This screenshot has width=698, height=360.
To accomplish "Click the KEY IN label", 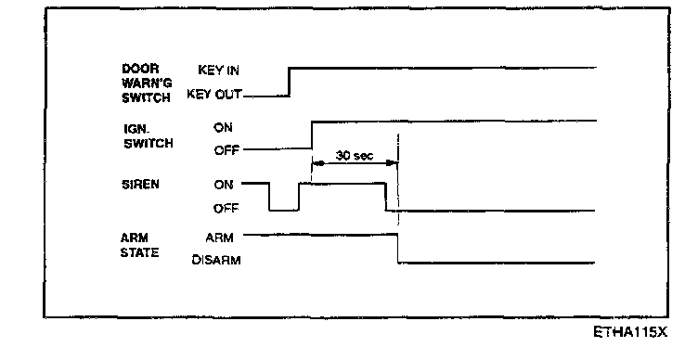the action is (x=218, y=70).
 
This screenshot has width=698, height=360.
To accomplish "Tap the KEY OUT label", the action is (x=214, y=95).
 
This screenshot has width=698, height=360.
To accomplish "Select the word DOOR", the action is (x=140, y=69).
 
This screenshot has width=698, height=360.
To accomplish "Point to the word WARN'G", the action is (x=147, y=84).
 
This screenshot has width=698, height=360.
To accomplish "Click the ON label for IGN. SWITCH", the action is (x=223, y=127).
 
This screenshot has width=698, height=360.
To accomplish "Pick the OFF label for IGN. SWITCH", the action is (x=226, y=150).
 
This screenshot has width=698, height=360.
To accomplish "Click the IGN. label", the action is (x=136, y=129).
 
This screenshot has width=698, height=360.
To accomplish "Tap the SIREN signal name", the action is (x=140, y=185).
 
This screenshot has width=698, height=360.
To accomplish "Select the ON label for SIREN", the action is (x=224, y=185).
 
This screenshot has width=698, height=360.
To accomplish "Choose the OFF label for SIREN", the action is (x=226, y=208).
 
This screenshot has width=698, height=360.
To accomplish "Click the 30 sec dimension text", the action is (x=355, y=155).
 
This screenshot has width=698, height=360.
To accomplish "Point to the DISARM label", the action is (x=216, y=260).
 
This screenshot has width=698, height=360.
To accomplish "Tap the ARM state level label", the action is (x=219, y=238).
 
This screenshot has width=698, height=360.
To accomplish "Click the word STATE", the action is (x=139, y=252).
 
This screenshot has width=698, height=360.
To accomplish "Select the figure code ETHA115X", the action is (x=630, y=332).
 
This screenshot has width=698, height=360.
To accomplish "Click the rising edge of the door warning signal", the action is (x=289, y=82).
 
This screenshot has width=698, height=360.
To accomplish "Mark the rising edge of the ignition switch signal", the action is (x=312, y=135).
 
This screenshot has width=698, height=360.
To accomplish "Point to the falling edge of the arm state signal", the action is (x=398, y=249).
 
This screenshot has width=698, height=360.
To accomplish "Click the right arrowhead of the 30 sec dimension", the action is (x=392, y=163).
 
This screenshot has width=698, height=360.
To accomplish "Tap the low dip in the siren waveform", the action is (x=284, y=210).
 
